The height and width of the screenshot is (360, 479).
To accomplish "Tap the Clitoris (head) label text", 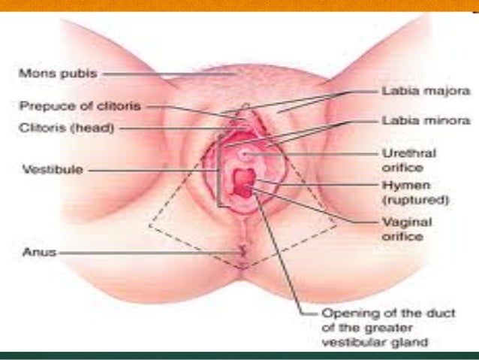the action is pos(67,129).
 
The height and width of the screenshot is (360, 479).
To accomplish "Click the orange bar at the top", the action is pos(239,5).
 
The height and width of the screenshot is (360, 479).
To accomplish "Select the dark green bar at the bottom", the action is pos(239,355).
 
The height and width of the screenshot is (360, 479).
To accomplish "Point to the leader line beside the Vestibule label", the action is pos(150,170).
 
